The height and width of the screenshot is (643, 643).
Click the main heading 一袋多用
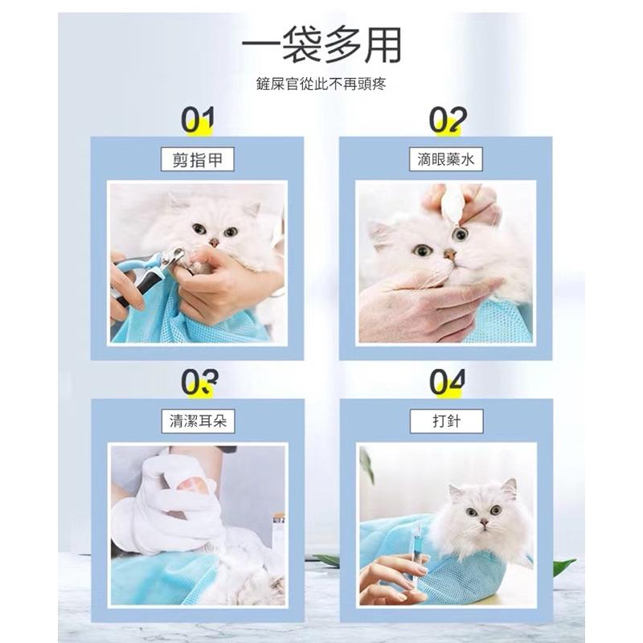pos(321,44)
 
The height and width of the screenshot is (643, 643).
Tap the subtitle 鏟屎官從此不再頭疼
pos(321,84)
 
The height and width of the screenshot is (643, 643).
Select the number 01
pos(198,119)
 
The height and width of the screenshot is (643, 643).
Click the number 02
pos(448,119)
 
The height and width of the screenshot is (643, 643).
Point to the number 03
pos(199,382)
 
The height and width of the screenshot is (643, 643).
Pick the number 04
pos(448,382)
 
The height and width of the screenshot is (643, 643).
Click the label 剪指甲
pos(197,159)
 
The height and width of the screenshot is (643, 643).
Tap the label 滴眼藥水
pos(446,159)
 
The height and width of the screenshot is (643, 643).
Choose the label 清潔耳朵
pos(198,421)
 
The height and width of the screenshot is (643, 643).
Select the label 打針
pos(447,421)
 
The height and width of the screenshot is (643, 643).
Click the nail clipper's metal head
pos(172,257)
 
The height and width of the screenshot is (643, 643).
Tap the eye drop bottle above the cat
pos(450,204)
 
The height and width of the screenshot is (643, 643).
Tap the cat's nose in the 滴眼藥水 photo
pos(450,255)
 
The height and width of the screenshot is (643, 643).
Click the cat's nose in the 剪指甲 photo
pos(214,243)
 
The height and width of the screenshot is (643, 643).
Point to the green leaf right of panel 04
pos(564,567)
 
